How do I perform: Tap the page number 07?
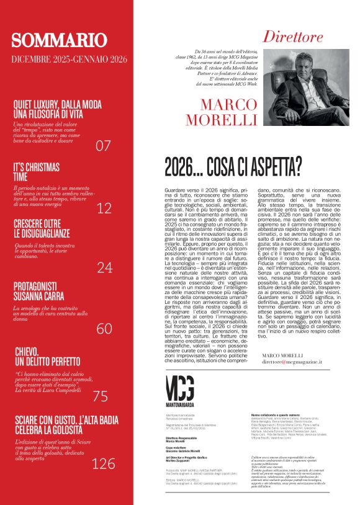pos(103,146)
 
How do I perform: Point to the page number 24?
pos(104,267)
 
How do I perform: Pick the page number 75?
pos(100,396)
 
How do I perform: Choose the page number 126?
pos(103,463)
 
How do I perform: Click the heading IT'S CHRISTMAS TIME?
pos(37,172)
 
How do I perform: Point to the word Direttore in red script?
pos(292,37)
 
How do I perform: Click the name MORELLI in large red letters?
pos(228,118)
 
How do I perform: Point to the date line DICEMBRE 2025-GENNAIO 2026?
pos(69,60)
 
